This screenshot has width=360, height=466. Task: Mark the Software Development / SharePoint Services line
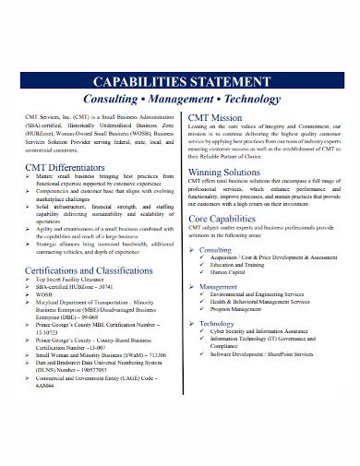point(274,369)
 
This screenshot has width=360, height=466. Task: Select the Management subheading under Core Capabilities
point(222,287)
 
